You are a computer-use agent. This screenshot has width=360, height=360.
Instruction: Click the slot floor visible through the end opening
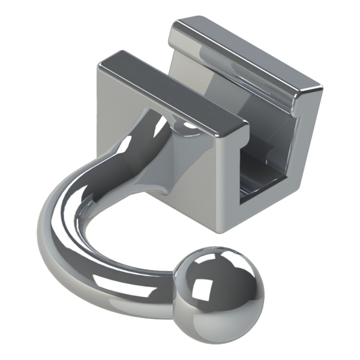click(x=264, y=192)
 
